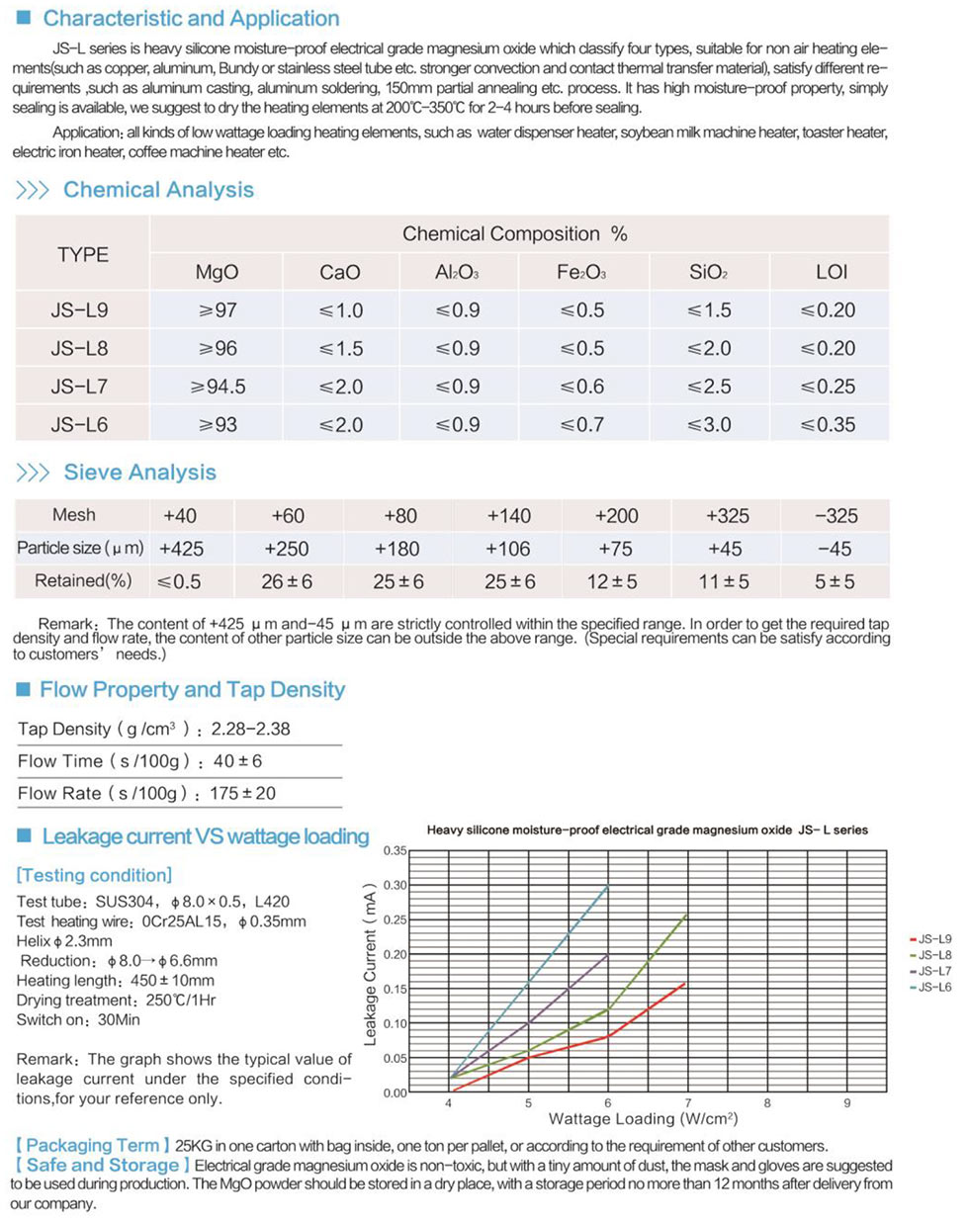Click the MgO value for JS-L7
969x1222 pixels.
tap(218, 387)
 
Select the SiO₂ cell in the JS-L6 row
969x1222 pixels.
tap(709, 425)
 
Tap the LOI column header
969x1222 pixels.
tap(831, 272)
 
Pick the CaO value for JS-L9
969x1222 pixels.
tap(340, 310)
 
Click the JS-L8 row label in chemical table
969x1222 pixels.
tap(80, 349)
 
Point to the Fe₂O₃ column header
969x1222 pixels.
tap(581, 272)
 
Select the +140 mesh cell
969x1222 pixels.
tap(508, 516)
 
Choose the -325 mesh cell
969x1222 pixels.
tap(836, 516)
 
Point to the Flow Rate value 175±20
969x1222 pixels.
tap(242, 793)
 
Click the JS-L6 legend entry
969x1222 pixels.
tap(930, 988)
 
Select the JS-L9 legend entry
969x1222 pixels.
tap(930, 939)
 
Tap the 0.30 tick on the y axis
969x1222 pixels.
tap(395, 885)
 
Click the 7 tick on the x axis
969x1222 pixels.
tap(688, 1102)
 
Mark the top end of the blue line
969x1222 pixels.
tap(608, 886)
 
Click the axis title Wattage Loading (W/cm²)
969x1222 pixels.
tap(643, 1119)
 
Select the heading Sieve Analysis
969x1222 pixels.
tap(139, 473)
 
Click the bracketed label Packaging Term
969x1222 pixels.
tap(92, 1146)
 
